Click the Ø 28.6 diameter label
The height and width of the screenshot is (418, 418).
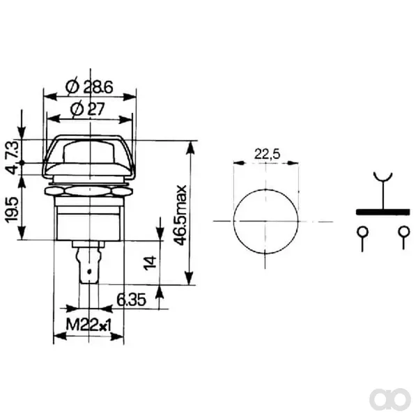89,86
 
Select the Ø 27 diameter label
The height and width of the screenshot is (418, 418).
88,109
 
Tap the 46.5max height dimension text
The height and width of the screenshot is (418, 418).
180,215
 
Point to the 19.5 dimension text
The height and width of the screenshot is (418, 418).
12,210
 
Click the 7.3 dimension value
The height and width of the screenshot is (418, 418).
13,150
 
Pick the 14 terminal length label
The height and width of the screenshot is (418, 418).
150,263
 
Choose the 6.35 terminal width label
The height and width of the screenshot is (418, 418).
132,300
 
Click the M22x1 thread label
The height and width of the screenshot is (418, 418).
88,325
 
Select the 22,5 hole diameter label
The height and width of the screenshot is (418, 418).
267,154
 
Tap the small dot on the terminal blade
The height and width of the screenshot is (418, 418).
89,272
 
